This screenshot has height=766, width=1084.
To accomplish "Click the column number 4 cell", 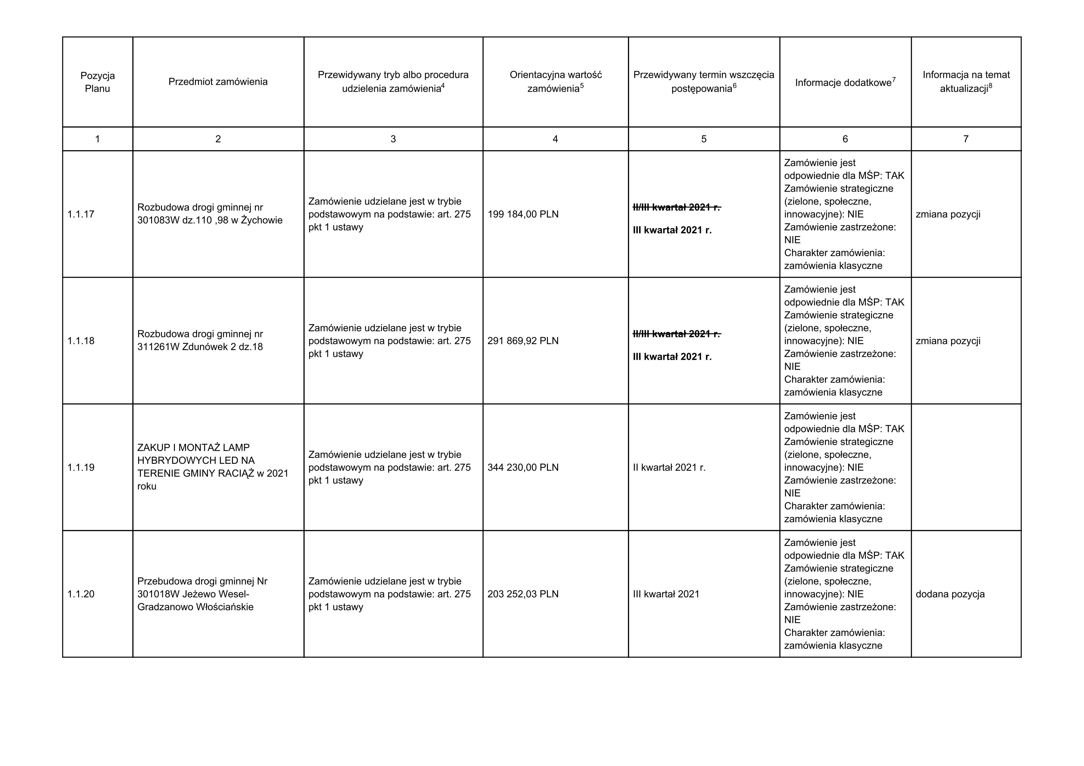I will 555,139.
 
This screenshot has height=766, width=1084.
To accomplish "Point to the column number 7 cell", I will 966,139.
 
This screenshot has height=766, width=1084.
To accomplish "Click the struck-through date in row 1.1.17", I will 676,207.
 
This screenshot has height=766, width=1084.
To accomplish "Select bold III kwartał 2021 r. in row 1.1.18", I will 672,357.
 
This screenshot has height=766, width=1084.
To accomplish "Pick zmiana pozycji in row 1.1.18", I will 947,341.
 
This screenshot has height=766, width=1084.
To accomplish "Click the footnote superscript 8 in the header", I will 990,87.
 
